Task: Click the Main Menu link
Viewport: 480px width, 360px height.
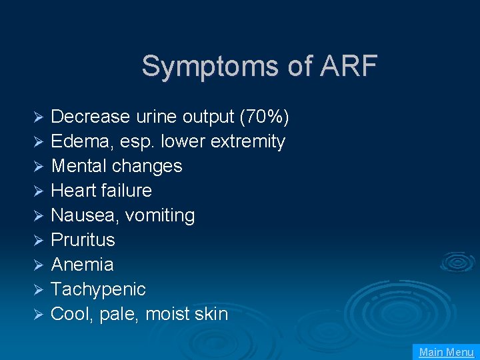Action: (446, 352)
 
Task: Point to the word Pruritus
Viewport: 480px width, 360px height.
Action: (83, 240)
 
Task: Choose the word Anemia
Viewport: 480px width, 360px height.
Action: (82, 265)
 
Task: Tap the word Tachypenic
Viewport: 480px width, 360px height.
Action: (98, 289)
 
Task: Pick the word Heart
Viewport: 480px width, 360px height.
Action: (71, 191)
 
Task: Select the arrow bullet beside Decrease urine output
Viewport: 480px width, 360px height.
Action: (39, 117)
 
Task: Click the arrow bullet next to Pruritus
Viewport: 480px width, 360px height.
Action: (39, 241)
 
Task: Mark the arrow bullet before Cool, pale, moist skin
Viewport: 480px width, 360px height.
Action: (39, 315)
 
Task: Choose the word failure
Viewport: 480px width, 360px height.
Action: (127, 191)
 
